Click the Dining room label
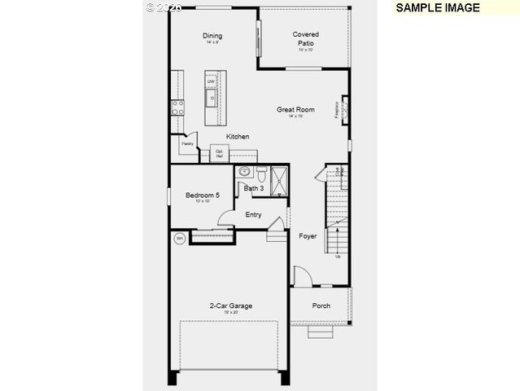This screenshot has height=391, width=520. click(212, 36)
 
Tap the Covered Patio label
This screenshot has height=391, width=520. click(306, 38)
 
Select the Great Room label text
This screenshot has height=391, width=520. click(295, 109)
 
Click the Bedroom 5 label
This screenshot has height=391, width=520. click(202, 195)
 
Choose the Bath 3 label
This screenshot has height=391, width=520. click(254, 188)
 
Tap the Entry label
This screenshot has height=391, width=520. click(254, 214)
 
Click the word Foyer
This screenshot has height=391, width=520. click(308, 236)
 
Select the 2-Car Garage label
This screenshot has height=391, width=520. click(231, 306)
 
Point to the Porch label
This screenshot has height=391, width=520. click(321, 306)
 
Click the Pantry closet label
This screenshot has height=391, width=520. click(187, 143)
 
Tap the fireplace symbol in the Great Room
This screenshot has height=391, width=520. click(344, 108)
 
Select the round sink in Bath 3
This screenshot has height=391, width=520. click(244, 173)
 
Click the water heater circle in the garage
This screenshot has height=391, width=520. click(179, 238)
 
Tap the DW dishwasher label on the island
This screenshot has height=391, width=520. click(211, 81)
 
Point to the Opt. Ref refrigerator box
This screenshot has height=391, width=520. click(220, 153)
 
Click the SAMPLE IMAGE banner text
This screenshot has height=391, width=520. click(437, 7)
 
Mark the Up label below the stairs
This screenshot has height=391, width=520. click(338, 257)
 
